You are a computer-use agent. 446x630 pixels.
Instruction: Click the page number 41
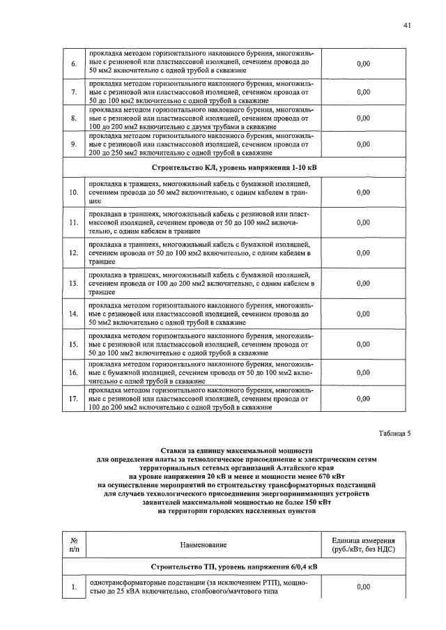tap(407, 26)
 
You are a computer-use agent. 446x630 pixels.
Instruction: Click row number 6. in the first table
tap(73, 64)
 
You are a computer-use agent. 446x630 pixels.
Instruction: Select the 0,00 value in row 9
tap(363, 145)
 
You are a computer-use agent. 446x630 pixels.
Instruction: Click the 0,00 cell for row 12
tap(363, 254)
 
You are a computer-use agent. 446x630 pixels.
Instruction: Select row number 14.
tap(73, 314)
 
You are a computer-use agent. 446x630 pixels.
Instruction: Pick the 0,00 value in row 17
tap(363, 399)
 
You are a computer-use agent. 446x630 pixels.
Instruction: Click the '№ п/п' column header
tap(73, 544)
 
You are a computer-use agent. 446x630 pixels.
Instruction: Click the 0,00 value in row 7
tap(363, 92)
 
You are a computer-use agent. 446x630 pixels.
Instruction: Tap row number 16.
tap(73, 373)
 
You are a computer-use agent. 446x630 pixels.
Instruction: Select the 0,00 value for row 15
tap(363, 344)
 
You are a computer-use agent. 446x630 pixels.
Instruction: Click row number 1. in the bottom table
tap(73, 587)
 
